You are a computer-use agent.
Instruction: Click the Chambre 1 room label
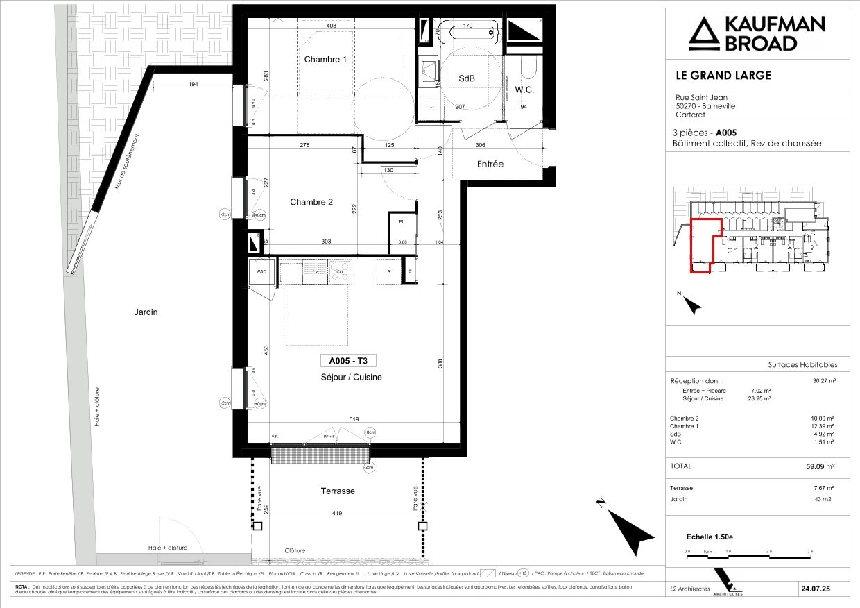pos(325,60)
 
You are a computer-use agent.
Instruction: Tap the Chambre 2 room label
pos(311,202)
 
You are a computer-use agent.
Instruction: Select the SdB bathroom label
pos(467,79)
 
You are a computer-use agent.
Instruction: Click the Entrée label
pos(490,164)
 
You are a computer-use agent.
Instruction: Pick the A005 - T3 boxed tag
pos(348,360)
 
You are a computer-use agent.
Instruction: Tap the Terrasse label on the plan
pos(338,491)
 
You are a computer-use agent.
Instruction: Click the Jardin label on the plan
pos(146,312)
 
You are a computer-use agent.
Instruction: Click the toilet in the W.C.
pos(528,67)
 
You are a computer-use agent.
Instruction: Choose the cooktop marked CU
pos(341,271)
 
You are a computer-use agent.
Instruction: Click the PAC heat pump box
pos(261,271)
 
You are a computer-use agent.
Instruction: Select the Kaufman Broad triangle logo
pos(705,34)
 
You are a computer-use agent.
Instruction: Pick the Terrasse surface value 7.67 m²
pos(823,488)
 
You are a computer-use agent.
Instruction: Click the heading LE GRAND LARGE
pos(723,75)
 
